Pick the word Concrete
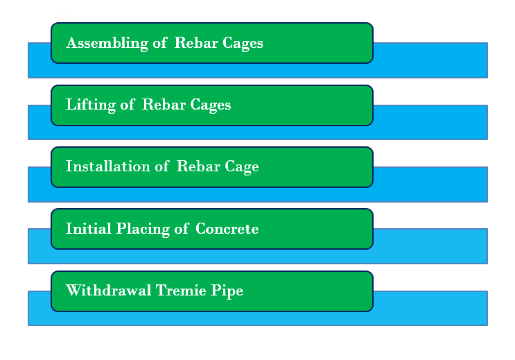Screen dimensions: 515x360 227,229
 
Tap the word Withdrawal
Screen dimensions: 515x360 108,291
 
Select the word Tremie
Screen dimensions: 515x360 181,291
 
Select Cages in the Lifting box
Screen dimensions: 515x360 211,105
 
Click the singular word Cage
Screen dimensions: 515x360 242,167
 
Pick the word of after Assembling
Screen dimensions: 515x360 160,43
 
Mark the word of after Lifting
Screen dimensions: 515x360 128,105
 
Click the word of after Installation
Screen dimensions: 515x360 162,166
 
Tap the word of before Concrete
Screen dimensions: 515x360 182,228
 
